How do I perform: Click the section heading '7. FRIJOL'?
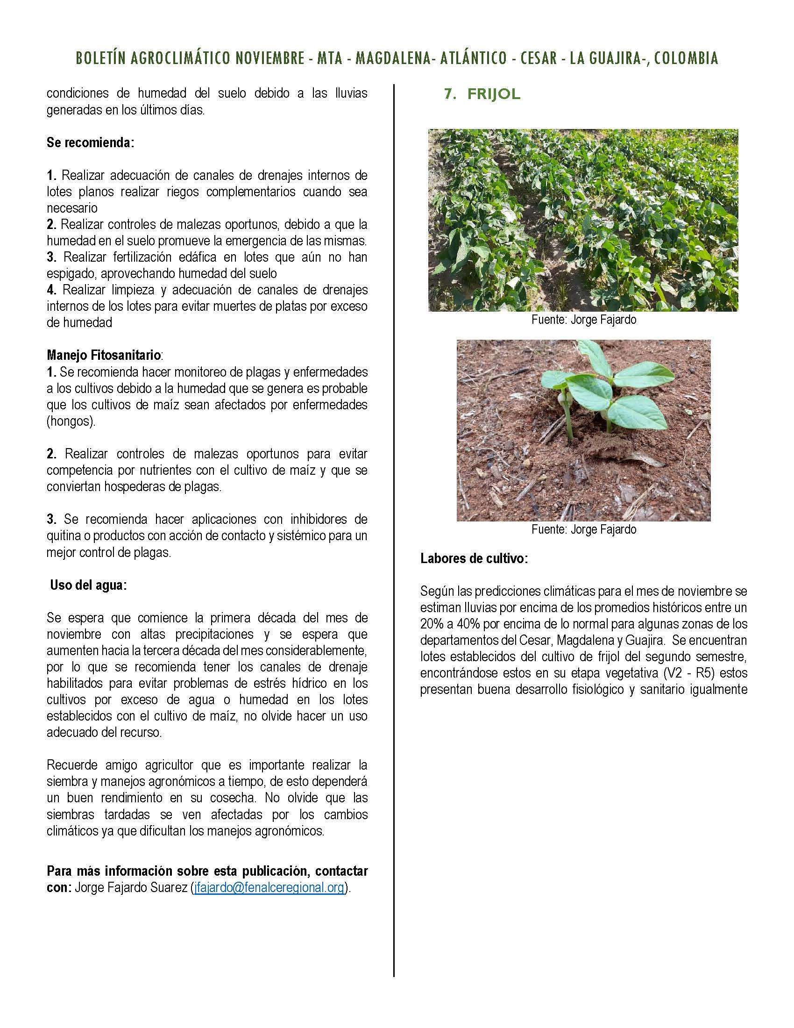[x=482, y=94]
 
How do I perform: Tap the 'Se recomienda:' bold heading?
[x=90, y=143]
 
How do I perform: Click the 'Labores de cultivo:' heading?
[x=474, y=559]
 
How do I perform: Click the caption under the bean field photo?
[x=583, y=320]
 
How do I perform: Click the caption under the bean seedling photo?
[x=583, y=529]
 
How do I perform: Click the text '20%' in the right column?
[x=432, y=624]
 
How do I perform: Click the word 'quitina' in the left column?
[x=63, y=535]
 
